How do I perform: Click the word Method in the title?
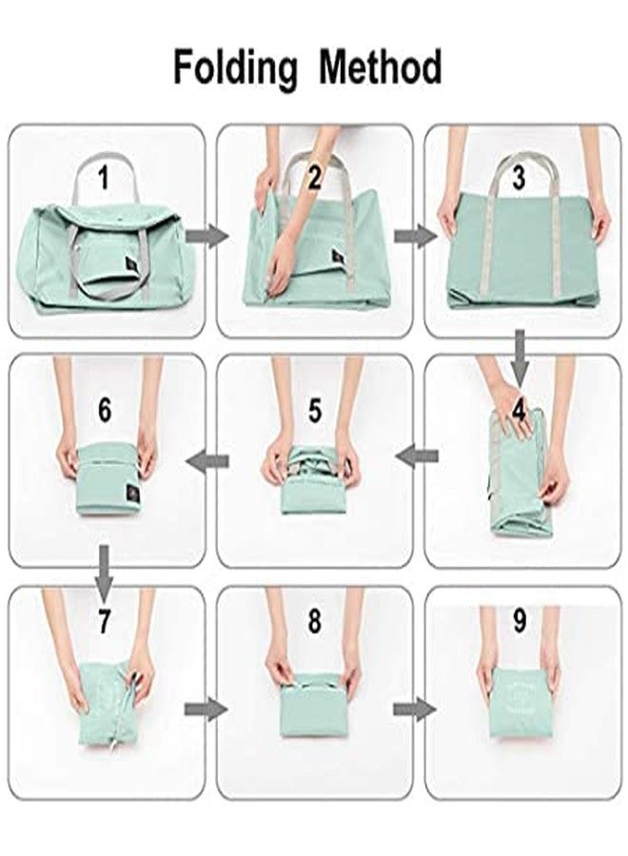380,68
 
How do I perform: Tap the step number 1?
106,177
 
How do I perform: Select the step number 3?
518,178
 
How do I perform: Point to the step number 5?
315,411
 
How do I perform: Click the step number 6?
106,411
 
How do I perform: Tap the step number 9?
519,622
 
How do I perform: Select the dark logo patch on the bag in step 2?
338,257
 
